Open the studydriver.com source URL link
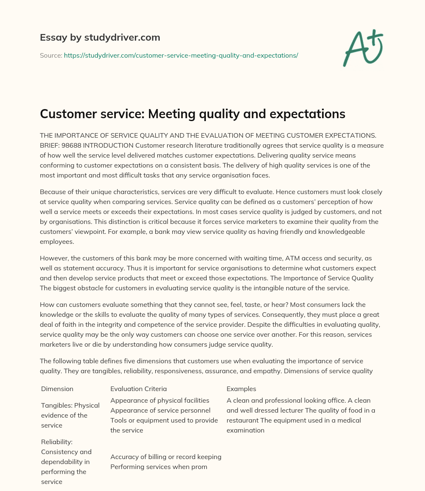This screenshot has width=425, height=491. [181, 55]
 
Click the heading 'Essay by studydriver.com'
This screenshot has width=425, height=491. [100, 37]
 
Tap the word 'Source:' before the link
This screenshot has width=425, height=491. [51, 55]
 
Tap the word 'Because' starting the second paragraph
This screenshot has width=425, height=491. [53, 192]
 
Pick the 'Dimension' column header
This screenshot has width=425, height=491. [57, 389]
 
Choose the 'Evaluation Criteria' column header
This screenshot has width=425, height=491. [139, 389]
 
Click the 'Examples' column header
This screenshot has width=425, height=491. [241, 389]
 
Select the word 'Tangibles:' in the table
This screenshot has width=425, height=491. [57, 406]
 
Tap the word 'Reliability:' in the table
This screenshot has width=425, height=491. [57, 442]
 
